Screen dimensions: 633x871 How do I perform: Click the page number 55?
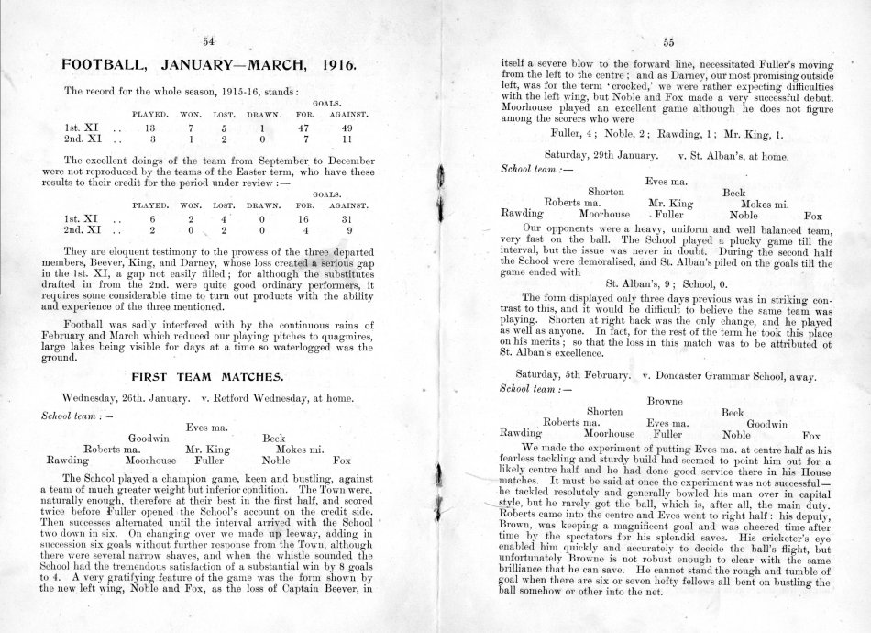click(x=668, y=41)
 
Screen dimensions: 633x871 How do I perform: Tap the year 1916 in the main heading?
click(x=339, y=67)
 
